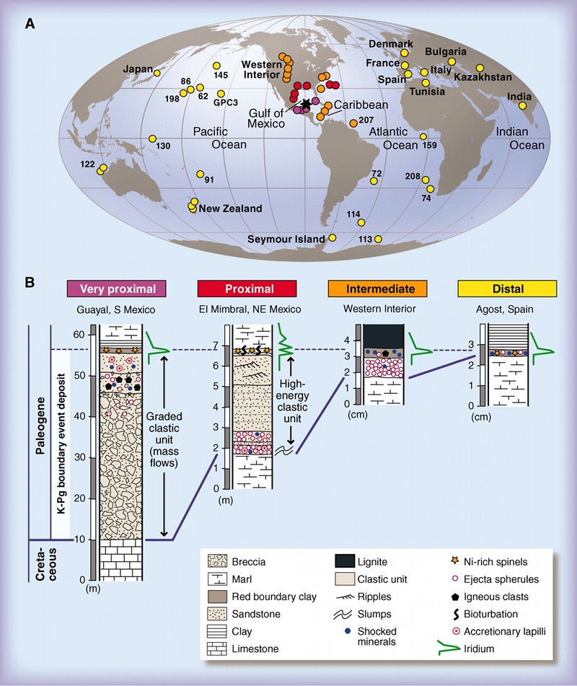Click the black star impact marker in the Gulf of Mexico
tap(308, 105)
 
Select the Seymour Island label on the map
tap(286, 239)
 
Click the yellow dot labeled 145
tap(217, 66)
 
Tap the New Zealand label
tap(230, 208)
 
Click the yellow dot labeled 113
tap(378, 239)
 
